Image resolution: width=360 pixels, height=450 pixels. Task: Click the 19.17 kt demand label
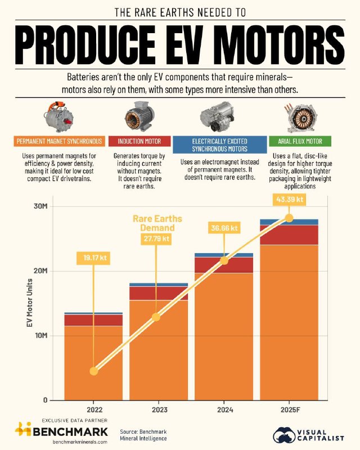click(x=91, y=258)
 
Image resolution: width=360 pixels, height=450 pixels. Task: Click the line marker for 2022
click(x=93, y=371)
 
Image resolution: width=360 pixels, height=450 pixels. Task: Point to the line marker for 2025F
click(x=289, y=218)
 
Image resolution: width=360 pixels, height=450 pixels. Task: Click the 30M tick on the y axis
click(x=40, y=206)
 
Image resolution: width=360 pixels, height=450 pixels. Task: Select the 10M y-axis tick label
click(x=40, y=336)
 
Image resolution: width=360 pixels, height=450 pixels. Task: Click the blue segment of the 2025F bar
click(x=289, y=222)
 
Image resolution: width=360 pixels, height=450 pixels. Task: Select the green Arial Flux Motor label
click(x=300, y=141)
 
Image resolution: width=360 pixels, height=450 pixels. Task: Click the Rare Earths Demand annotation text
click(x=154, y=223)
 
